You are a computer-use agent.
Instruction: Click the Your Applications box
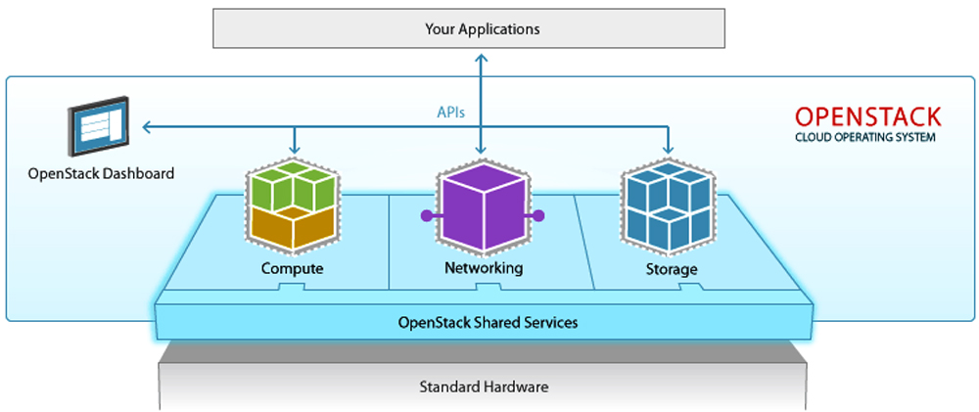click(482, 29)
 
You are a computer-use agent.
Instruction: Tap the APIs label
click(450, 113)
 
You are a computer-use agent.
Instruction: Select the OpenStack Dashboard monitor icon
click(99, 127)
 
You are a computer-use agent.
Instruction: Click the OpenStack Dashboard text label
click(101, 174)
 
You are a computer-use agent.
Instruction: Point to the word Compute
click(292, 268)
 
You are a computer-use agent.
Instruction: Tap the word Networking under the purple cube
click(484, 268)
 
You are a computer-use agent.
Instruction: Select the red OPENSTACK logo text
click(867, 116)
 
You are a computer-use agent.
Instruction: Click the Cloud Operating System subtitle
click(864, 138)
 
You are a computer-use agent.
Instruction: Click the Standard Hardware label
click(484, 387)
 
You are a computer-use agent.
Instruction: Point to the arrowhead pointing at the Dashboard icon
click(146, 126)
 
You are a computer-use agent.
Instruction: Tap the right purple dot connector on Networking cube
click(538, 215)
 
